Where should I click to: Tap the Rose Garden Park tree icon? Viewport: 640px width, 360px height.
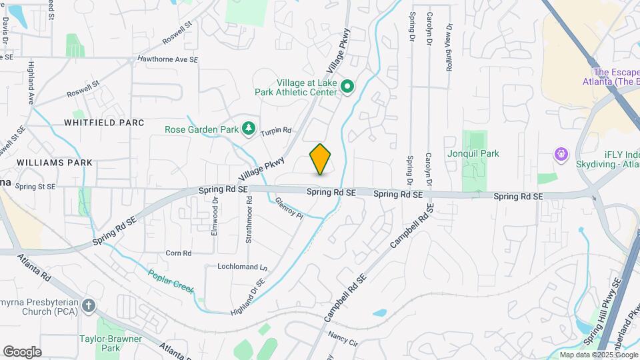(x=249, y=128)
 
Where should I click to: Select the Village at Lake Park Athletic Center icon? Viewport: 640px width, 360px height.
(x=347, y=87)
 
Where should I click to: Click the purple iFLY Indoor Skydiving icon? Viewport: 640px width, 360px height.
(x=562, y=155)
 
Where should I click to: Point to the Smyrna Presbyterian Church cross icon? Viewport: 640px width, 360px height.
(x=89, y=306)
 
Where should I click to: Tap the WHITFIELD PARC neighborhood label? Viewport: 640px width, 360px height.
(x=104, y=123)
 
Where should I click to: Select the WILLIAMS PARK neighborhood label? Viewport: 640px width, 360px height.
(x=55, y=162)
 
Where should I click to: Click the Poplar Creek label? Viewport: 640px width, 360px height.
(x=171, y=281)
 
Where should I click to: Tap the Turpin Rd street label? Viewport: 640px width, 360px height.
(x=276, y=131)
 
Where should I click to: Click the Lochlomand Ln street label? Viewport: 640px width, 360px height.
(x=242, y=267)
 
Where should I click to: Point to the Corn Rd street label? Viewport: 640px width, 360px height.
(x=178, y=253)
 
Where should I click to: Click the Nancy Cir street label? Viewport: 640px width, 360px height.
(x=343, y=340)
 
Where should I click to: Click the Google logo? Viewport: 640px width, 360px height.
(x=23, y=351)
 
